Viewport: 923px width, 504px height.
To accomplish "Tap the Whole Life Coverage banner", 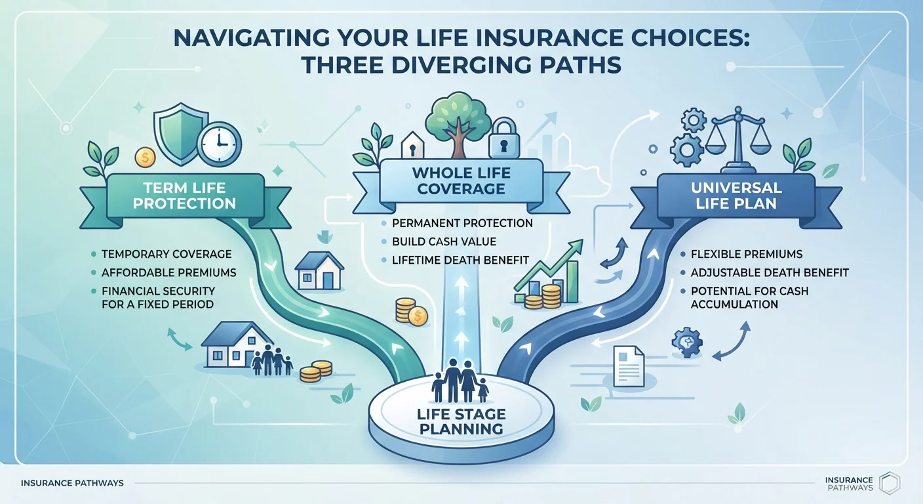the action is (x=461, y=181).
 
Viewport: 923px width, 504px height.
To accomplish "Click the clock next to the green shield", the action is (x=219, y=144).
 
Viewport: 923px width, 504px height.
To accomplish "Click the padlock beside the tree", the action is (x=503, y=138).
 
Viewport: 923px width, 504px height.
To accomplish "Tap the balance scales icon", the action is (x=737, y=140).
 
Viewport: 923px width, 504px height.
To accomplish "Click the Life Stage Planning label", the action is (x=461, y=421).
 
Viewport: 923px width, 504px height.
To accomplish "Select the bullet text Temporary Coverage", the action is (x=167, y=254).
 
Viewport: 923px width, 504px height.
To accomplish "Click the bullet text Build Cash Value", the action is (x=444, y=241).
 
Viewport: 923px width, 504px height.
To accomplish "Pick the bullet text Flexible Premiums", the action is (x=747, y=254).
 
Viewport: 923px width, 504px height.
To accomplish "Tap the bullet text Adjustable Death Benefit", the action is (x=770, y=272).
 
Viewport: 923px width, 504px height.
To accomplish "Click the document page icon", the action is (x=629, y=366).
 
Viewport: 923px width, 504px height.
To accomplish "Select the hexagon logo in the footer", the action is (x=890, y=483).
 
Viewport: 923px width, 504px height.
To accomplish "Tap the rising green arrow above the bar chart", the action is (x=548, y=264).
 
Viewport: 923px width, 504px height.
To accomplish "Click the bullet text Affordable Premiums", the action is (x=169, y=272).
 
